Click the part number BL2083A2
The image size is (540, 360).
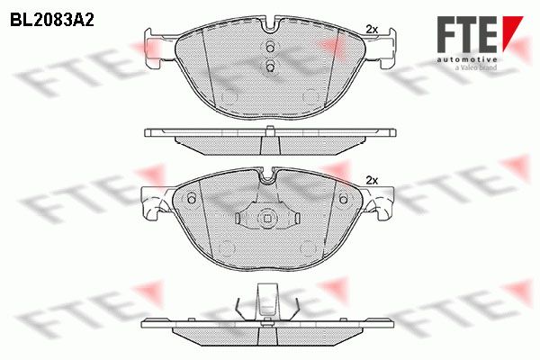52,21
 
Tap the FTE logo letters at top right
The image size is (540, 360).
466,34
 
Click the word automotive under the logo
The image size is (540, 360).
467,60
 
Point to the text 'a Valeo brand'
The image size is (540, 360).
476,67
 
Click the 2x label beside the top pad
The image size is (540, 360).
372,30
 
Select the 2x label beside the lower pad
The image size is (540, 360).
372,180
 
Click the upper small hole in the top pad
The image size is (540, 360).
270,47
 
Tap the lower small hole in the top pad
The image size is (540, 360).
270,65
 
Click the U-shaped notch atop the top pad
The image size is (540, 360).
271,26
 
